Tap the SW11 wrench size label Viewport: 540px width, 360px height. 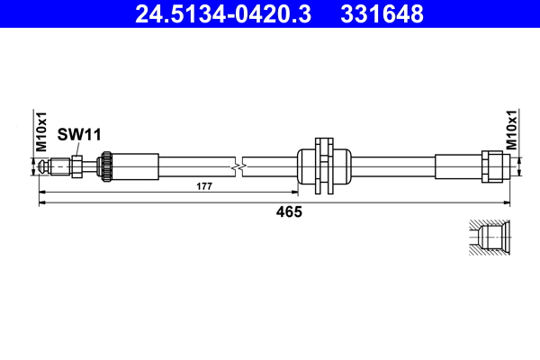(79, 134)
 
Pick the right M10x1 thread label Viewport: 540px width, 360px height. (511, 130)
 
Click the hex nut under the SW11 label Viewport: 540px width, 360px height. (77, 166)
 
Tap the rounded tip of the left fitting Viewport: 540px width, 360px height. (44, 166)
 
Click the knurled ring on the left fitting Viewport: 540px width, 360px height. (105, 166)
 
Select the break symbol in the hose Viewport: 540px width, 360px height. (236, 166)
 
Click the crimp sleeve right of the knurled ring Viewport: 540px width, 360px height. (135, 166)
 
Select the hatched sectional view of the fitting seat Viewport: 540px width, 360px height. (490, 238)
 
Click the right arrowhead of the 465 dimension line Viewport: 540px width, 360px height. (507, 203)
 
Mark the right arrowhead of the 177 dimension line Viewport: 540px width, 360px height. (293, 193)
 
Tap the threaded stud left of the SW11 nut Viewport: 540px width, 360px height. (60, 166)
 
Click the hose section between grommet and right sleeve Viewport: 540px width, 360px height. (392, 166)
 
